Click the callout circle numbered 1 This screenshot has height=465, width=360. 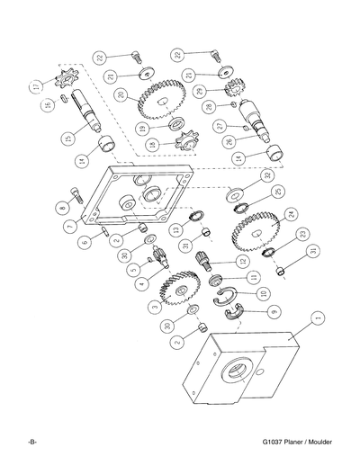point(317,317)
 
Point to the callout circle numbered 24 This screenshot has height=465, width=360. point(291,214)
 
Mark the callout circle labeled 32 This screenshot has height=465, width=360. point(266,176)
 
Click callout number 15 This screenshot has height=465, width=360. point(67,139)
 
